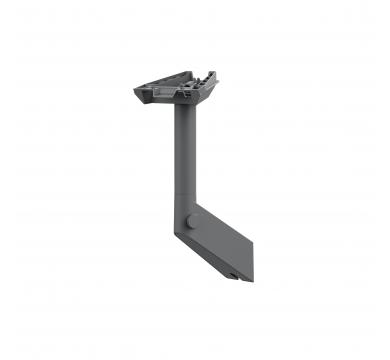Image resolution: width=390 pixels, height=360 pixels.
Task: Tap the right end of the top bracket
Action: [x=214, y=80]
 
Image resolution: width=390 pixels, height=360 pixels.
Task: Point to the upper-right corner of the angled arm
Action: [x=200, y=207]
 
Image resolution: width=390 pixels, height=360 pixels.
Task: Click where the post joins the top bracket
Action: [x=186, y=107]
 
